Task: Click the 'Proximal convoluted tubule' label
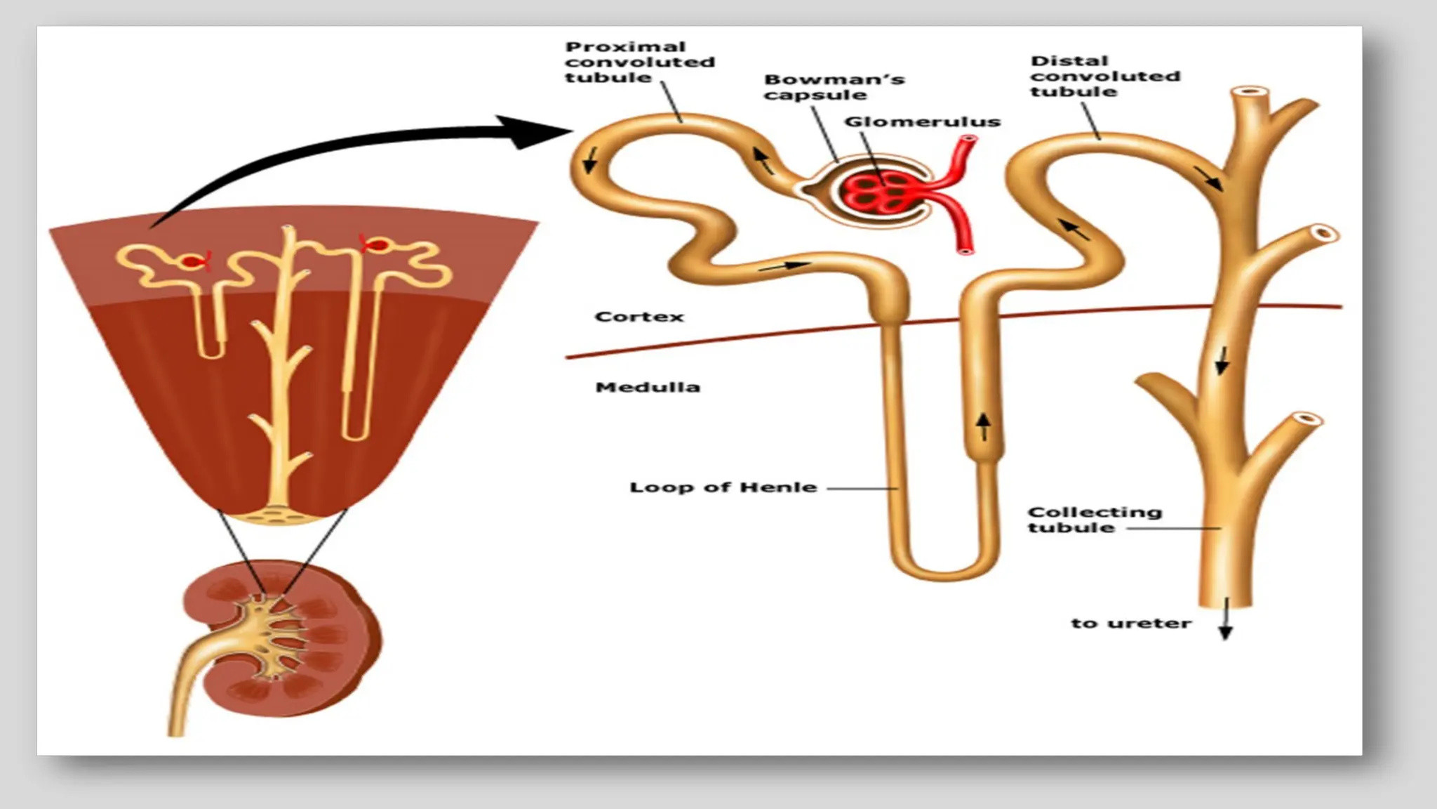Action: click(x=639, y=62)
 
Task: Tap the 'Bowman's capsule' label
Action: click(x=834, y=87)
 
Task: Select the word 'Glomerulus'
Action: click(x=922, y=121)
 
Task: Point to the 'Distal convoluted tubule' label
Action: click(x=1104, y=76)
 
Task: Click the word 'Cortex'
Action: click(x=639, y=317)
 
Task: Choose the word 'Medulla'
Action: click(x=647, y=387)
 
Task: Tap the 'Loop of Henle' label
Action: click(x=723, y=487)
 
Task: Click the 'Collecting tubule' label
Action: click(x=1094, y=520)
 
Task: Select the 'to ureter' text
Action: click(x=1130, y=623)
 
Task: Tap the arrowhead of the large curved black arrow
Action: click(x=540, y=131)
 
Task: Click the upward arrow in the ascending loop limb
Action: click(x=983, y=426)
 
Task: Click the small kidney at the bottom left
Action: click(x=295, y=639)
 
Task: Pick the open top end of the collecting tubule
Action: click(x=1251, y=92)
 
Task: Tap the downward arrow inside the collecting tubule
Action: click(x=1222, y=360)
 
